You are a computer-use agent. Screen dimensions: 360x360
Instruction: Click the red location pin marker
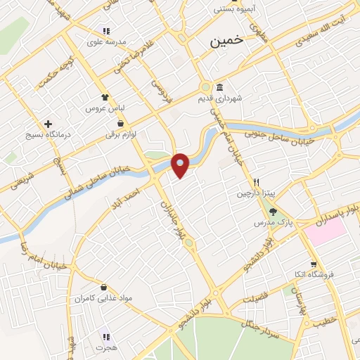180,165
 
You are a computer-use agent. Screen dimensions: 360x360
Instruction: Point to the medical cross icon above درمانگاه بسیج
48,123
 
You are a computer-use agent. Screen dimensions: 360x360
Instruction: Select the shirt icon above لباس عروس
105,98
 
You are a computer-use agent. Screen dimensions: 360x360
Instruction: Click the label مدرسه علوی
106,42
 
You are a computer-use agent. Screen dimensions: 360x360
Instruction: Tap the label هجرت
105,348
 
